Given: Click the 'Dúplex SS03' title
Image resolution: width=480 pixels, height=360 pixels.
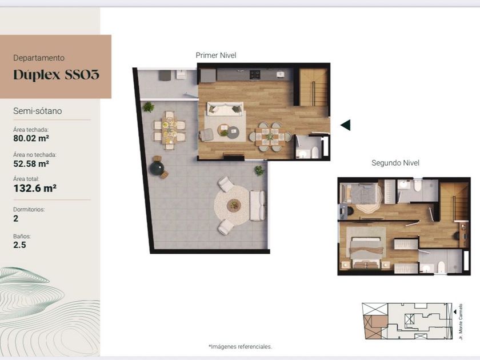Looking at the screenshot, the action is coord(57,75).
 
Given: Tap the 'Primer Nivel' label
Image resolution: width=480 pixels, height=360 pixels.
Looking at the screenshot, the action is coord(216,55).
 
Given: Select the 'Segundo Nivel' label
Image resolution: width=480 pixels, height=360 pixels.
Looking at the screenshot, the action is coord(395,163).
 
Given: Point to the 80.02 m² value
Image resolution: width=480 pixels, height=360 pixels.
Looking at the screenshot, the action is coord(31,138).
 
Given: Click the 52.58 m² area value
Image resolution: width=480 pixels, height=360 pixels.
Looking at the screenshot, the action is coord(31,163).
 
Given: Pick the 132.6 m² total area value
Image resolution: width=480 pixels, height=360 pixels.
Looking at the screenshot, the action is coord(35,188).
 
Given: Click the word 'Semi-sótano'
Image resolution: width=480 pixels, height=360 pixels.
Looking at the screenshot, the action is coord(37,111).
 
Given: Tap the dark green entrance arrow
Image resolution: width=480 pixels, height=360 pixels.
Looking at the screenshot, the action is coord(346,125).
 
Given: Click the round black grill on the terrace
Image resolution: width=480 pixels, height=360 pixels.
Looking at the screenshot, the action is coord(157,168).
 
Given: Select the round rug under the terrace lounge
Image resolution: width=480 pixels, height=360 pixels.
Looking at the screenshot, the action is coord(232,205).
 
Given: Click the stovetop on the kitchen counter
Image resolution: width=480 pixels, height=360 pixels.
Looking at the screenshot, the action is coord(255,74).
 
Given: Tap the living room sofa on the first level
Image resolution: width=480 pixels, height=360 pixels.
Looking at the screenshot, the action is coord(225,109).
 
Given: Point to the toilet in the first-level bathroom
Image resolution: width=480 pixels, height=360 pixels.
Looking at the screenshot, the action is coord(315,152).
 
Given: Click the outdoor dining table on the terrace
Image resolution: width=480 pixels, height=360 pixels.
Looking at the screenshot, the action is coord(169,130).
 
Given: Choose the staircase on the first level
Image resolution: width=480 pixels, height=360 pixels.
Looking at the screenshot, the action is coord(313,87).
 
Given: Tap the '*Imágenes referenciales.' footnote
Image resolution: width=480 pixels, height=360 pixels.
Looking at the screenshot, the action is coord(240,346).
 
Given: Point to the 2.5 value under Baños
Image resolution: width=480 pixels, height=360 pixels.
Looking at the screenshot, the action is coord(19,245).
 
